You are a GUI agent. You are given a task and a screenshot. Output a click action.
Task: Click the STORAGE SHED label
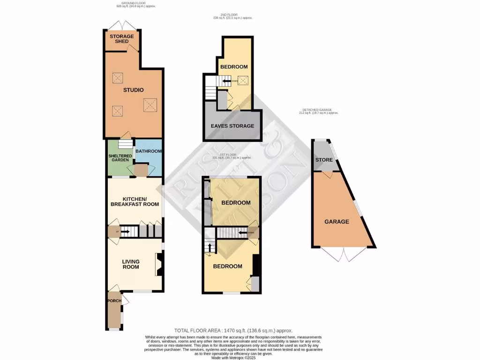122,39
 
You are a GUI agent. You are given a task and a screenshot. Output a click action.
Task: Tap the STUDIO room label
134,90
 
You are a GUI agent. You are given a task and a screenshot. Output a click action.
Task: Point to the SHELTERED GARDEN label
120,158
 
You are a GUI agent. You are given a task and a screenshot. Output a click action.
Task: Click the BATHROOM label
149,151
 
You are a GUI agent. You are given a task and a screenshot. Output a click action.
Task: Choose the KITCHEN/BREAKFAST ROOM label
135,201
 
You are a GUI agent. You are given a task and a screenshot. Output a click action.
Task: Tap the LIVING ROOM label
131,264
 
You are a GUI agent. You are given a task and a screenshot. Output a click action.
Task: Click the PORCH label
114,301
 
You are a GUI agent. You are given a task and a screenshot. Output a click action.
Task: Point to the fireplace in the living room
159,265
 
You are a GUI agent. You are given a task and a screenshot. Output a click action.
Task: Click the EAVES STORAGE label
232,126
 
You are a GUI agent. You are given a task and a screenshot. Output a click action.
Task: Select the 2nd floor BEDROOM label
234,67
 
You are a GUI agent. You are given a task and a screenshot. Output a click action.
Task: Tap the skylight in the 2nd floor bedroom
243,80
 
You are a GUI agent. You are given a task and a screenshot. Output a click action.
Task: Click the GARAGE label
337,222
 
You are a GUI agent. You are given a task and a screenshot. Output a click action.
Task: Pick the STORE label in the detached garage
323,160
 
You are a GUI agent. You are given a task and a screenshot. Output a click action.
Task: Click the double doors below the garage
344,254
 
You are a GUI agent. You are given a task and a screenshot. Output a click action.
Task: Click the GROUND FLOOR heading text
135,5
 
